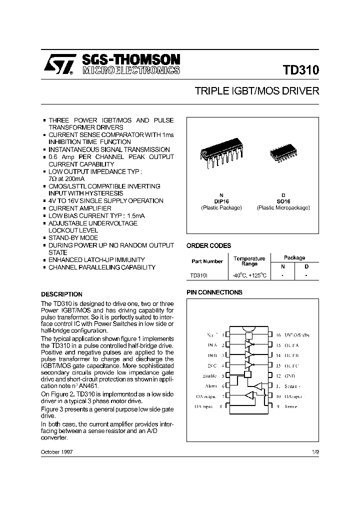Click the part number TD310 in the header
(300, 70)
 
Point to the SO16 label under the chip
(283, 201)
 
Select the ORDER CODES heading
(208, 245)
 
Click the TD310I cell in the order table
(200, 275)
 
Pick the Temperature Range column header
(249, 261)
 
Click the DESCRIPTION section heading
(61, 294)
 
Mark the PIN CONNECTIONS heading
(214, 292)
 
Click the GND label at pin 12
(289, 375)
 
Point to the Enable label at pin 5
(209, 375)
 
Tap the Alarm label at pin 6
(211, 385)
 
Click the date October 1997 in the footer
(57, 452)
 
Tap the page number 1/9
(315, 452)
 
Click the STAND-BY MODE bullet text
(73, 238)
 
